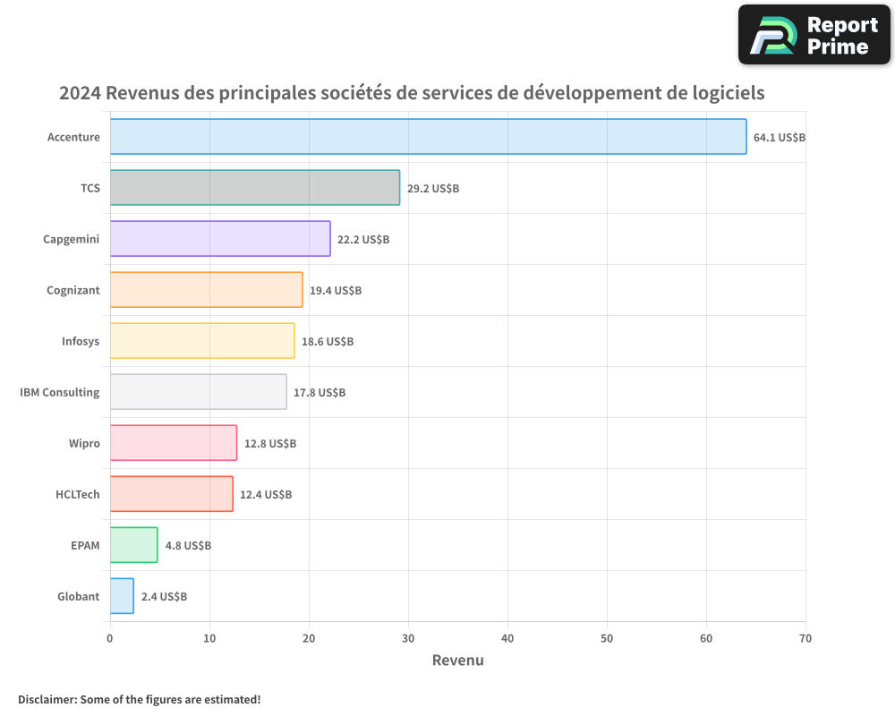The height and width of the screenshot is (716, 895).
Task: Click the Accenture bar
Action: click(x=428, y=137)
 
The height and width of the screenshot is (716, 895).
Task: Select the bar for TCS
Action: click(x=255, y=188)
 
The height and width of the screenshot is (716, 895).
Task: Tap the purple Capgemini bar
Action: click(x=220, y=239)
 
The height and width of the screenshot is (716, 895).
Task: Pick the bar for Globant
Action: click(x=122, y=596)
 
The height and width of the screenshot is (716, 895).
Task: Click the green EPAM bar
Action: click(x=133, y=545)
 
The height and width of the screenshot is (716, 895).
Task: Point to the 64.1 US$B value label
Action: click(x=780, y=138)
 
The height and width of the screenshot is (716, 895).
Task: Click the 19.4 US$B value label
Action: click(x=336, y=291)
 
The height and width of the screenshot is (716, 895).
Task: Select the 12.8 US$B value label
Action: click(x=270, y=444)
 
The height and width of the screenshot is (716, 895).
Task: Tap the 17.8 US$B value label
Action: click(x=320, y=393)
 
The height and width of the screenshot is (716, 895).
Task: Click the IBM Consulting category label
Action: click(x=59, y=392)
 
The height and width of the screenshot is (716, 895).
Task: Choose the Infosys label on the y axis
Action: click(x=81, y=341)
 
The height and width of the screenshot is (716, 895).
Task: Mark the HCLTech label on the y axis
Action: click(x=78, y=494)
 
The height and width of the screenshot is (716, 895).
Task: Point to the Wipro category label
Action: click(x=84, y=443)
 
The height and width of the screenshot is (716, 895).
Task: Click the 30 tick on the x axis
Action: click(x=408, y=638)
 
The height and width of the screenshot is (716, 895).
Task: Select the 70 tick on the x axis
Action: click(x=805, y=638)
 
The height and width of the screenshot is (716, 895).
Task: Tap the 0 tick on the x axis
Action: click(x=110, y=638)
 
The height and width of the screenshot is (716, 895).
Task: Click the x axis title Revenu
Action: click(x=457, y=661)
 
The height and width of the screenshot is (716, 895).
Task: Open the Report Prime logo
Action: click(x=814, y=35)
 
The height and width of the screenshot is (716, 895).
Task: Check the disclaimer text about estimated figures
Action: click(x=140, y=699)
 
